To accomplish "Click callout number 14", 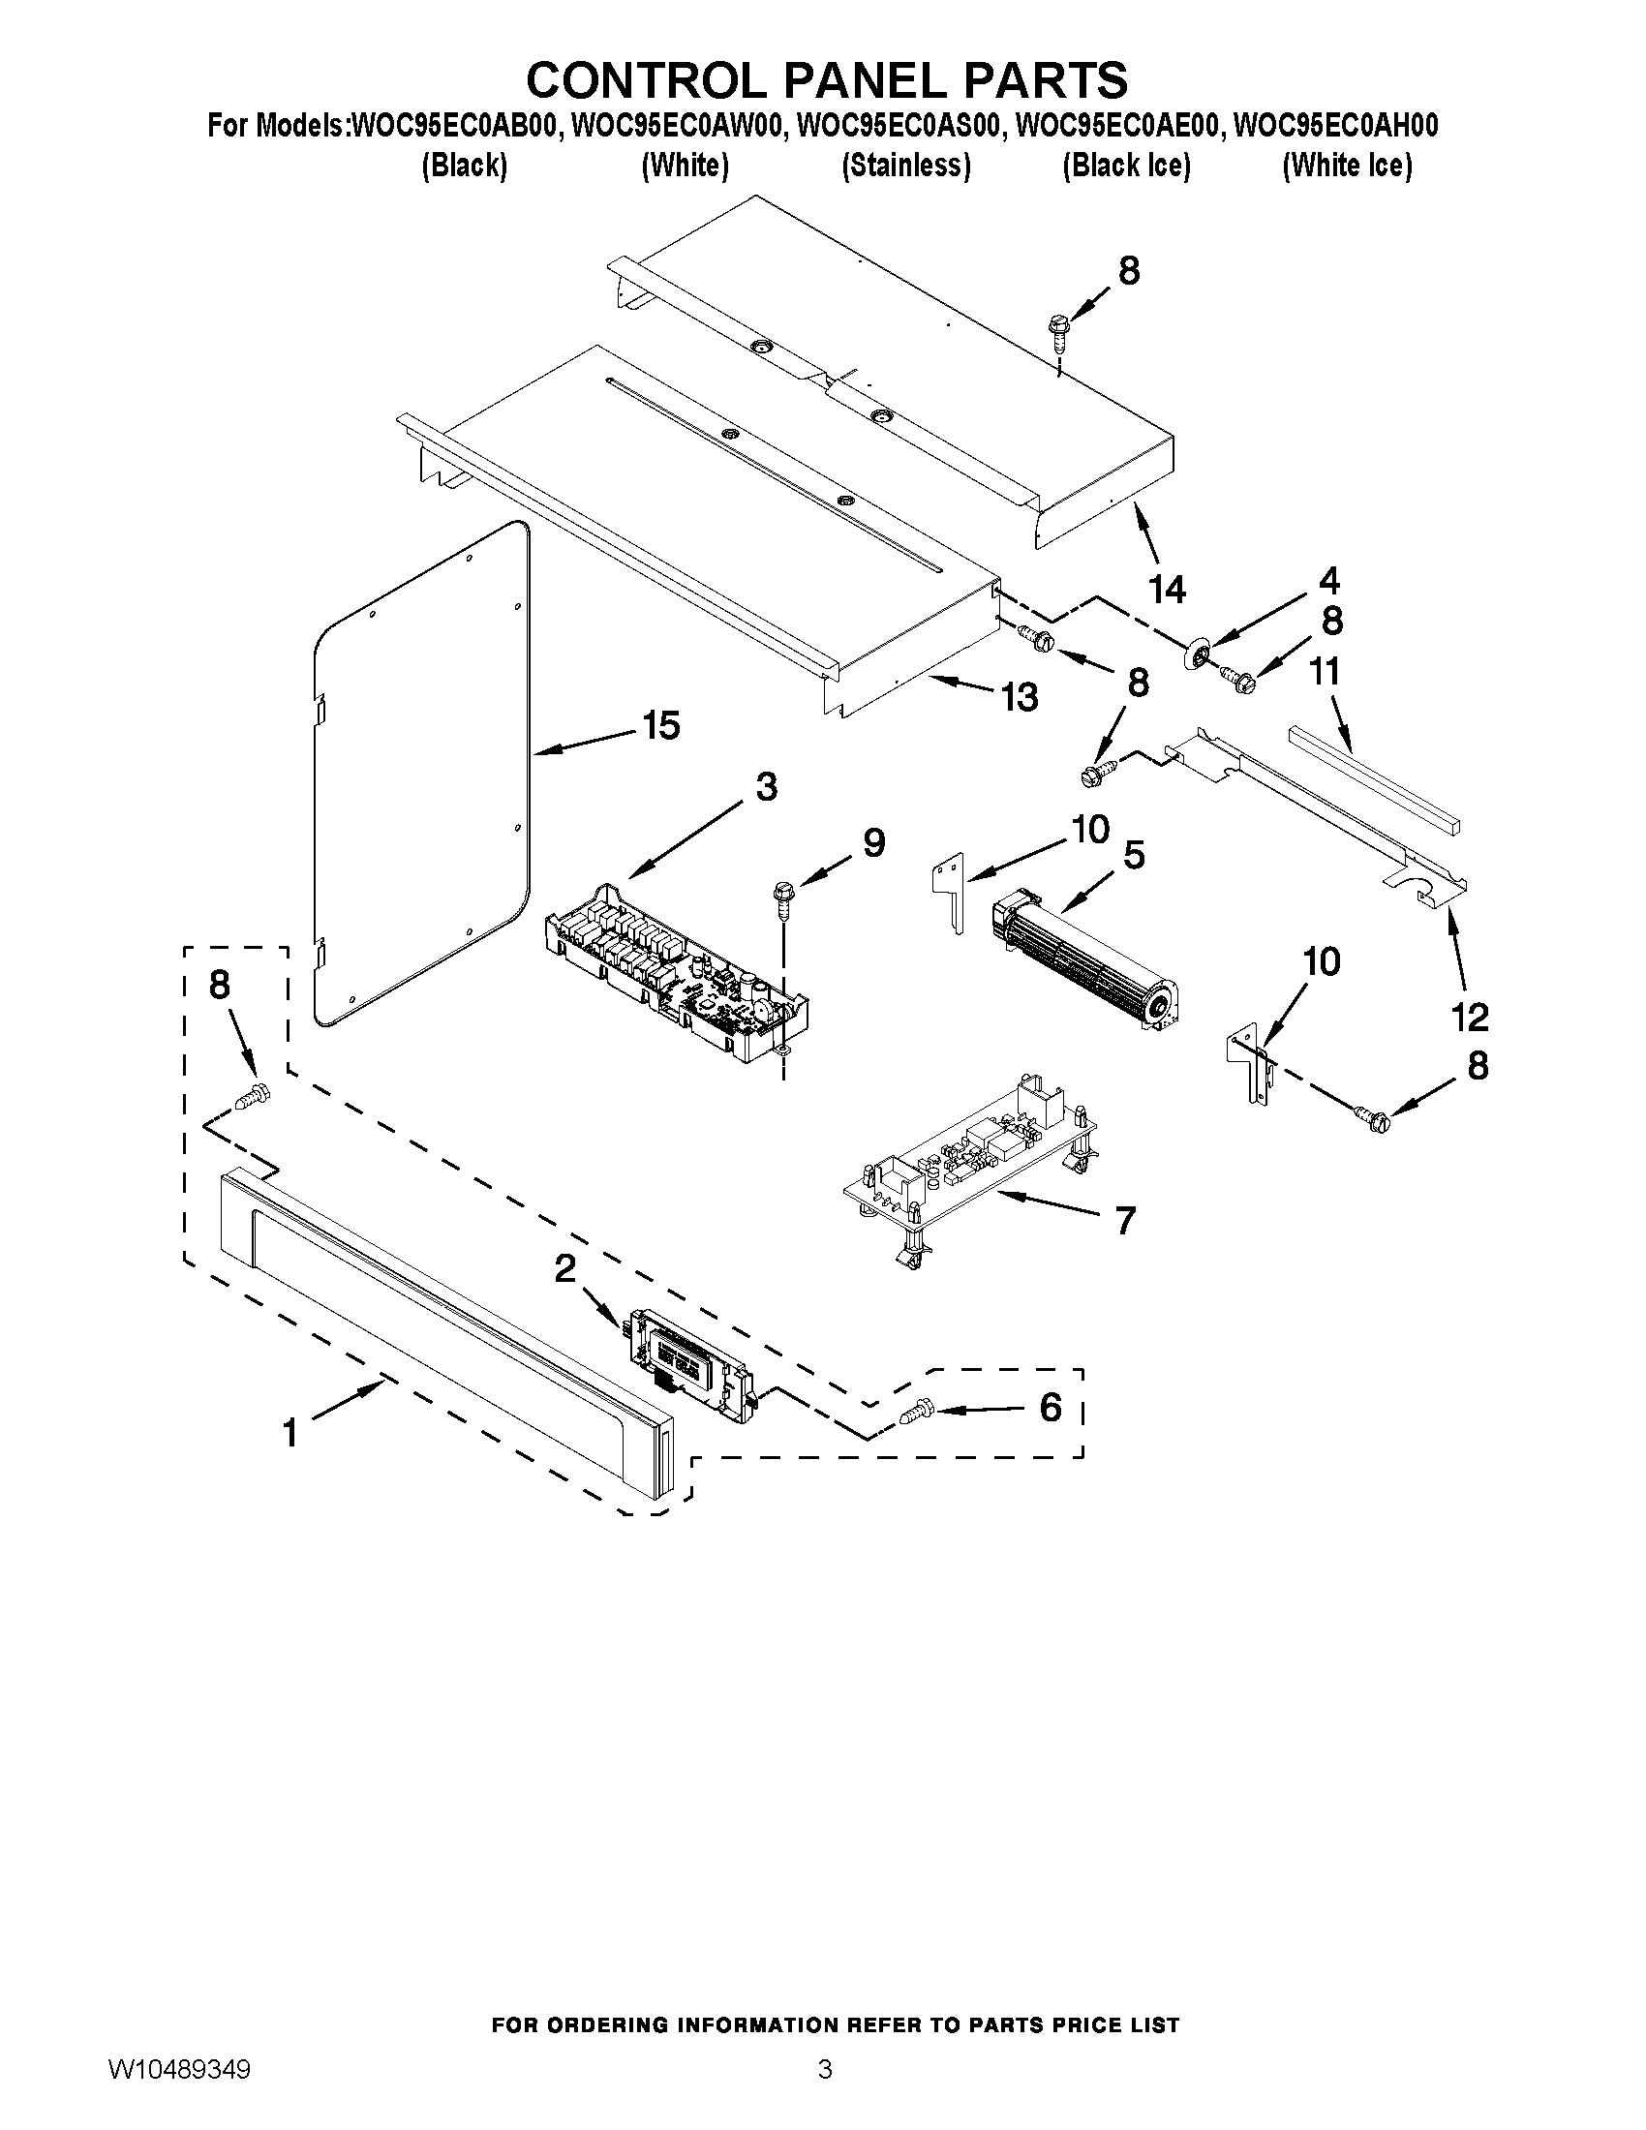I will [1167, 589].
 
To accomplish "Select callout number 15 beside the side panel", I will [661, 725].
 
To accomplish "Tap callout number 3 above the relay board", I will [767, 786].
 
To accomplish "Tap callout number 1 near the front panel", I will [290, 1433].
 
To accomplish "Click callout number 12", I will [1470, 1018].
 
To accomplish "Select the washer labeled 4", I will [1198, 653].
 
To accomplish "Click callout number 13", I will [1020, 697].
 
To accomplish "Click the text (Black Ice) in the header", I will [1126, 166].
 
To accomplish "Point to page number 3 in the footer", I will [824, 2089].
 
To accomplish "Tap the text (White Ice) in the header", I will [1347, 166].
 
